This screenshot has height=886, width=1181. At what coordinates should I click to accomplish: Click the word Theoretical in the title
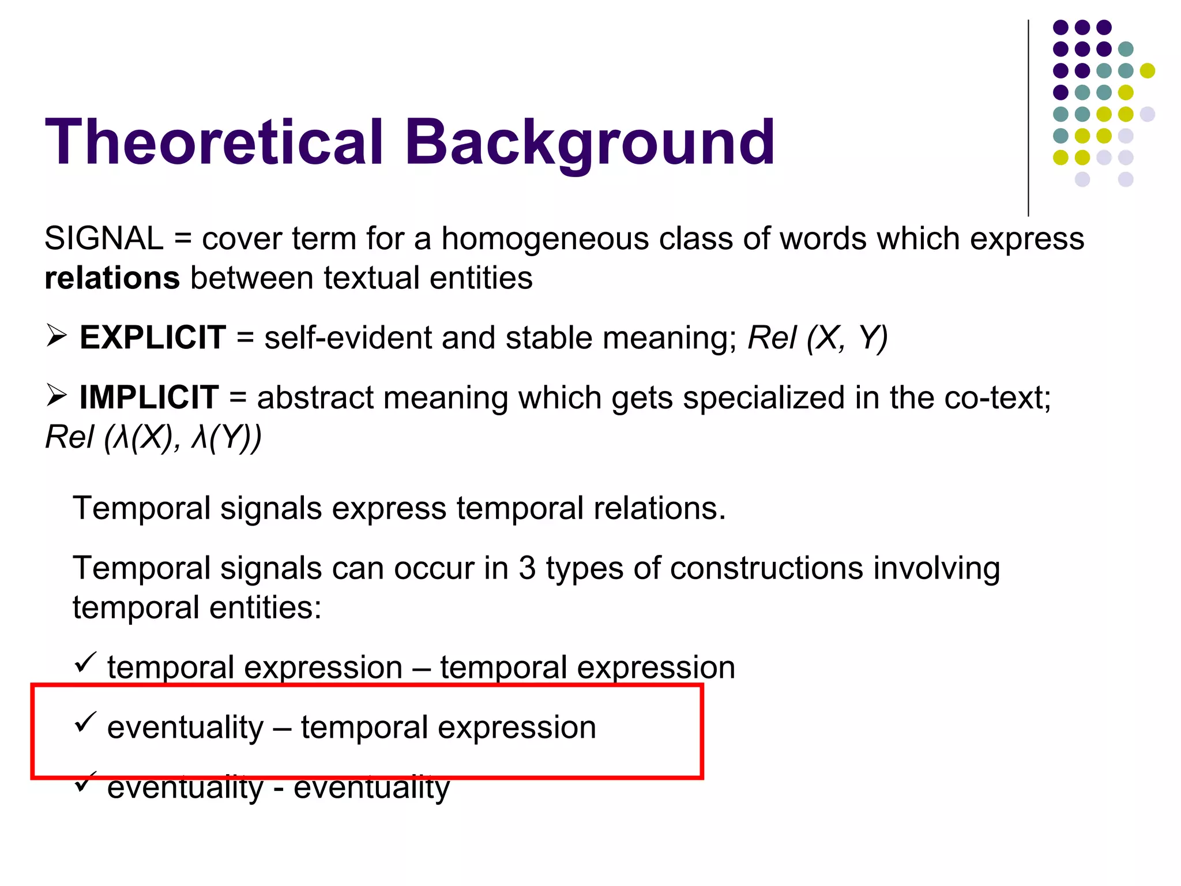[214, 142]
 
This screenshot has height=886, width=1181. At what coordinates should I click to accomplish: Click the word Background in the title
[589, 142]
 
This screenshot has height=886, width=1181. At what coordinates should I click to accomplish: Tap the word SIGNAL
[104, 238]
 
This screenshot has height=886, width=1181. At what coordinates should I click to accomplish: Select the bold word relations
[112, 278]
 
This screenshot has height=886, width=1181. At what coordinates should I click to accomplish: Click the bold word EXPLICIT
[152, 337]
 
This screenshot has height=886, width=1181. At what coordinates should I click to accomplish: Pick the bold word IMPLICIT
[149, 397]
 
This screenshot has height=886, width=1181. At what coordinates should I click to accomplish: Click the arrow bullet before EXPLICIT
[57, 335]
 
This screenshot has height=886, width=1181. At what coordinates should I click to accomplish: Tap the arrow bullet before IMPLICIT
[57, 395]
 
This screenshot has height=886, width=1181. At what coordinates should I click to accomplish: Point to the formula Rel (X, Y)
[817, 338]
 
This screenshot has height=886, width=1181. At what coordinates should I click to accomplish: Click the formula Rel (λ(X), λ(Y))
[153, 437]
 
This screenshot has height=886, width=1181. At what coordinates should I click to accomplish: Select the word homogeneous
[545, 238]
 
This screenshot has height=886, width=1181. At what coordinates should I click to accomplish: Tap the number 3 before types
[527, 568]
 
